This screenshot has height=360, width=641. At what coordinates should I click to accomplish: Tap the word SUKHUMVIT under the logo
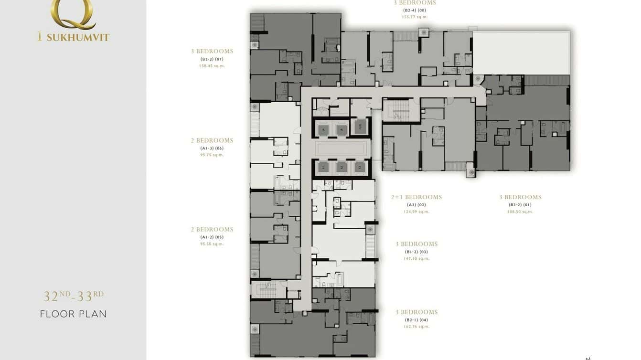[x=78, y=37]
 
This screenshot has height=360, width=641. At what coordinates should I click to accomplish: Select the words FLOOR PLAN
[x=73, y=314]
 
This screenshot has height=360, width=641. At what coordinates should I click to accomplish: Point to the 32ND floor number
[x=56, y=296]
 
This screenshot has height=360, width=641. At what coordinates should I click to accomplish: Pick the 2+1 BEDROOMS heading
[x=417, y=197]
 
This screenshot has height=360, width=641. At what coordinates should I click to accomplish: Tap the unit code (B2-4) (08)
[x=415, y=10]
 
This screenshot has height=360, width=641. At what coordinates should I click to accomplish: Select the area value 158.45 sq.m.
[x=212, y=66]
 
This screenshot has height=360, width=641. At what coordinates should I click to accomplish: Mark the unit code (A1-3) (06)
[x=212, y=148]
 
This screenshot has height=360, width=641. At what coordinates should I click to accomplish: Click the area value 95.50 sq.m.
[x=212, y=244]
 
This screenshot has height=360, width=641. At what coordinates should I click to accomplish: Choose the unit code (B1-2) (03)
[x=417, y=252]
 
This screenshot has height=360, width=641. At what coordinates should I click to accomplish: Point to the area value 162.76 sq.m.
[x=417, y=327]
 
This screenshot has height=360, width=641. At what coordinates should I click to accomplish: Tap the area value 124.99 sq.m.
[x=417, y=212]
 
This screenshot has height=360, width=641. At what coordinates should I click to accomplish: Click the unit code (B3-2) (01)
[x=520, y=205]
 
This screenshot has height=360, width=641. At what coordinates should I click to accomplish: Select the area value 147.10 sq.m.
[x=417, y=259]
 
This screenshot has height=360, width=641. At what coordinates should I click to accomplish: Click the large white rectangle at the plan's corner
[x=521, y=53]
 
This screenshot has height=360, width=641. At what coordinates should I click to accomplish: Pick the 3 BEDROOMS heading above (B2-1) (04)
[x=417, y=312]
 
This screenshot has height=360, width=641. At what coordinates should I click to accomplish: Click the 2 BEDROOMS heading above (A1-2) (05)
[x=212, y=230]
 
